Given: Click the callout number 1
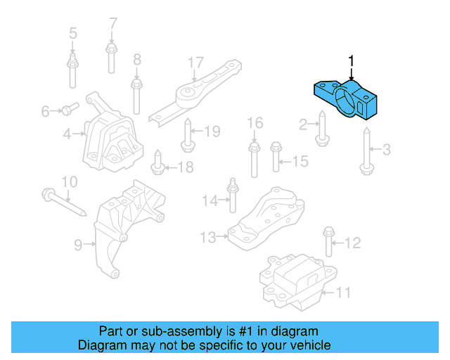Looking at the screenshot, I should pos(351,62).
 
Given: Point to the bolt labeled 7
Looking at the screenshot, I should pos(111,58).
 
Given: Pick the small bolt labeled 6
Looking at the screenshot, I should pos(68,109).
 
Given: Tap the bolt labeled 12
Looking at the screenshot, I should pos(328,243).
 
